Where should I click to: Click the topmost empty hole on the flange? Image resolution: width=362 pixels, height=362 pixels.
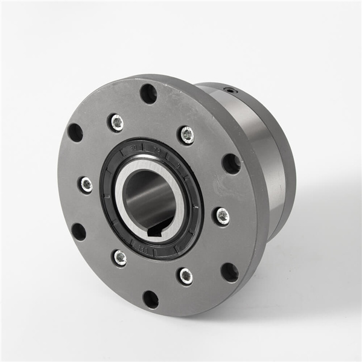coord(148,94)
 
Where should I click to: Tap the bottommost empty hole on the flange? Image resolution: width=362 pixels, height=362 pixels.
coord(150,299)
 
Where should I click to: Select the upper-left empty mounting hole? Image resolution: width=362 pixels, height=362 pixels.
coord(75,132)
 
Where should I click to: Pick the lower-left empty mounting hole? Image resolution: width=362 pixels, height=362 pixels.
coord(78,232)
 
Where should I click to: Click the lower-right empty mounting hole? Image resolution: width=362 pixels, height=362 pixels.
coord(229,272)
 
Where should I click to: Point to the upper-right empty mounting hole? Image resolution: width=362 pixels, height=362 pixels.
coord(231,163)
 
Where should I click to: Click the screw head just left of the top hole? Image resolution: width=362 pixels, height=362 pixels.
coord(116,122)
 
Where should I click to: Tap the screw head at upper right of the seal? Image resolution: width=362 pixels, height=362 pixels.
coord(187,135)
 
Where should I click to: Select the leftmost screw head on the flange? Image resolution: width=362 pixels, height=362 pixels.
coord(86,185)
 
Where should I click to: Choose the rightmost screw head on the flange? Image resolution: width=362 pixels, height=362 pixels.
coord(222,215)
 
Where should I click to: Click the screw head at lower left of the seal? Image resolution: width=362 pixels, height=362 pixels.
coord(120,258)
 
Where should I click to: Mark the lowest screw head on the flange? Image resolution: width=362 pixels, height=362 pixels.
coord(186,276)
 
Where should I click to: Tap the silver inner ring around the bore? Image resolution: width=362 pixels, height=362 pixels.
coord(176,181)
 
